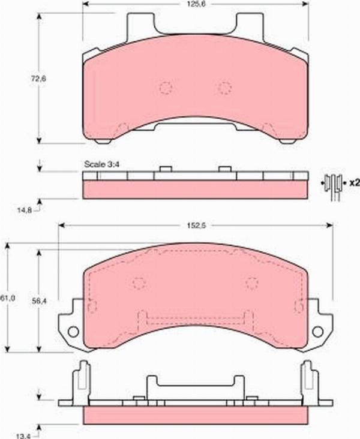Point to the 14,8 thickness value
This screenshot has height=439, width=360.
click(24, 210)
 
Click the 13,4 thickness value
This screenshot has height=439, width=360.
click(24, 429)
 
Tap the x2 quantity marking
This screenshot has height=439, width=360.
click(353, 182)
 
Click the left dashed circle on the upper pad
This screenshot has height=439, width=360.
click(166, 88)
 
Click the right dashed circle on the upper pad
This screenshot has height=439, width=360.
click(224, 88)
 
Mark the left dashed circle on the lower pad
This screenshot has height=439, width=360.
click(139, 283)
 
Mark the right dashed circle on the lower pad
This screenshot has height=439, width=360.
click(252, 283)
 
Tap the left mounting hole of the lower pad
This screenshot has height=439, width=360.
click(73, 331)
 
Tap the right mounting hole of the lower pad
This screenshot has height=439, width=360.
click(318, 331)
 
